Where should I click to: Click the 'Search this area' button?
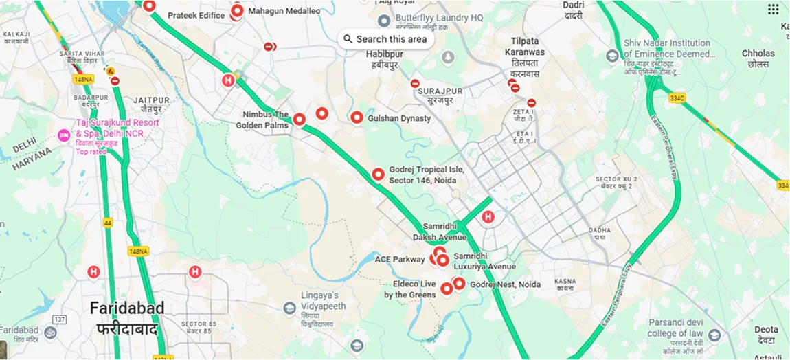[386, 39]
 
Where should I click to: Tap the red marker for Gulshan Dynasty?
[357, 117]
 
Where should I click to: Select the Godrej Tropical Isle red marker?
[378, 175]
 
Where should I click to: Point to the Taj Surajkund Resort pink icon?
[65, 133]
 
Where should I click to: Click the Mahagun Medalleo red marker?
[238, 11]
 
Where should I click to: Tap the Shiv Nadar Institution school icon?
[612, 56]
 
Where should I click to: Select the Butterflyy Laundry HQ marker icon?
[384, 21]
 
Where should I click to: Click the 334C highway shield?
[677, 98]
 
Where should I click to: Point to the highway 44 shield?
[108, 223]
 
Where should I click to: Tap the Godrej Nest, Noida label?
[505, 284]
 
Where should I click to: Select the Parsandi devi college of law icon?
[714, 335]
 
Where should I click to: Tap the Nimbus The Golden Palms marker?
[299, 119]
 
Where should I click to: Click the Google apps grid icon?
[773, 9]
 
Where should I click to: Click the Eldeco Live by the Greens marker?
[447, 289]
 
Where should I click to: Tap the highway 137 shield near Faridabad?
[60, 320]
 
